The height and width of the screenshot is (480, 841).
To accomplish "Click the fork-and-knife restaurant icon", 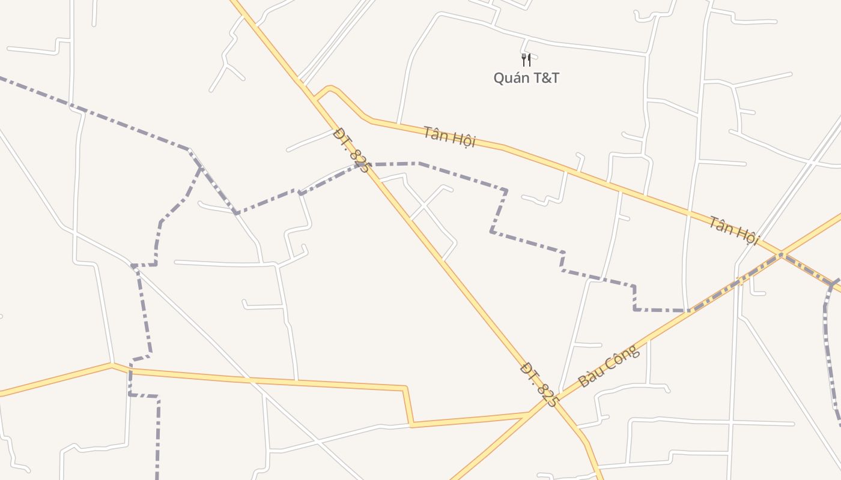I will coord(526,60).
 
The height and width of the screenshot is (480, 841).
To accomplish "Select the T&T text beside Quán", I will coord(545,78).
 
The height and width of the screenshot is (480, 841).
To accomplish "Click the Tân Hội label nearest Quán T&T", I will coord(449,137).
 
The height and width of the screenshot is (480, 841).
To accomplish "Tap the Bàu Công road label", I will coord(609,366).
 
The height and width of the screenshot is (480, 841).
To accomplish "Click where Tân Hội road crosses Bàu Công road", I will coord(781,254).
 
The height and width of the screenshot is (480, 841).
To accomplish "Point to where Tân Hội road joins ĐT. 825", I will coord(316,97).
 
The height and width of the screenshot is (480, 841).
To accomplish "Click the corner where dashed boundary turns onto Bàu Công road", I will coord(691,311).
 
